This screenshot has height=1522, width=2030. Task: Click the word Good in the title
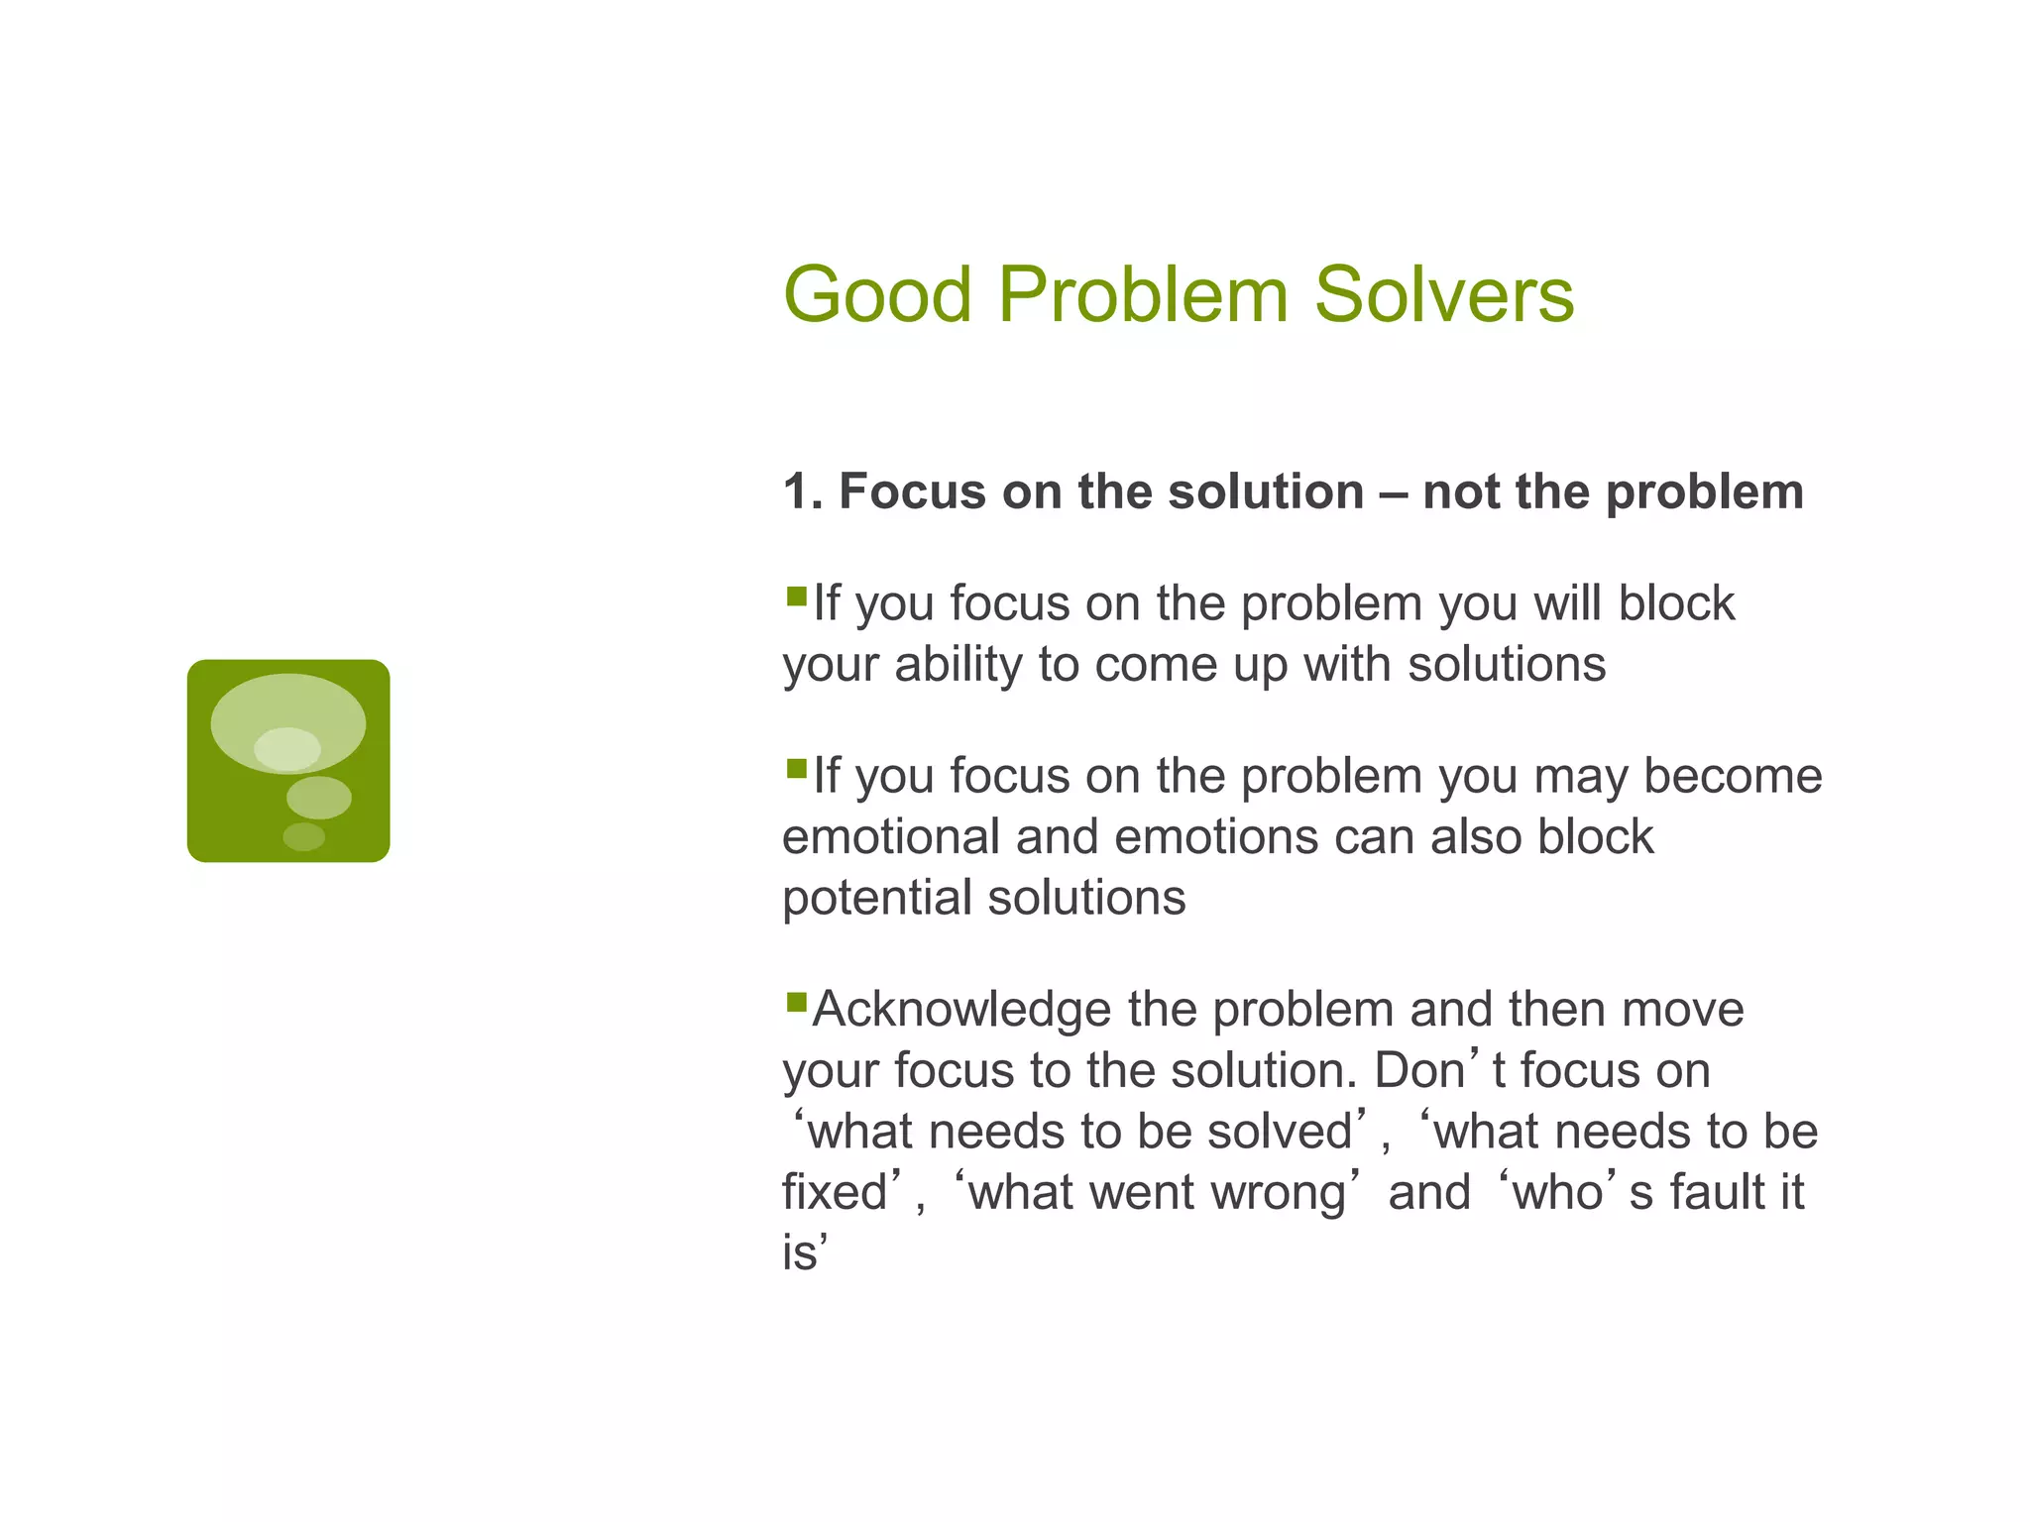coord(877,295)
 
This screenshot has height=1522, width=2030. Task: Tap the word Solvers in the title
coord(1444,295)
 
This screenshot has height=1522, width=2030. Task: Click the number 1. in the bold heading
coord(802,491)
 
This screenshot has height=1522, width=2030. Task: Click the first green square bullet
coord(796,597)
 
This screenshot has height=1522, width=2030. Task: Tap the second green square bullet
coord(796,769)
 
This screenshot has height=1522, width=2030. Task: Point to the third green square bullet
coord(796,1003)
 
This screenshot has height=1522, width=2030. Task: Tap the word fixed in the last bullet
coord(834,1192)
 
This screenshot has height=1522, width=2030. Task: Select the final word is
coord(799,1253)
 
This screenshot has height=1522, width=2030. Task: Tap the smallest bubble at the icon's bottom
coord(303,837)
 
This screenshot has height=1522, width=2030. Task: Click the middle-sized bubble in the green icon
coord(318,798)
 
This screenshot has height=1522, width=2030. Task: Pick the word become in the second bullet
coord(1733,776)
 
